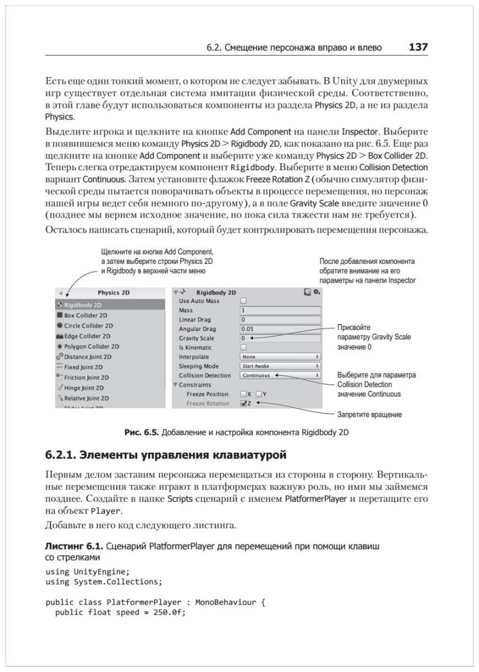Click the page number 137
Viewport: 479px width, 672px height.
click(x=418, y=47)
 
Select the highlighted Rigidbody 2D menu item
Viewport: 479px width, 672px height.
click(x=83, y=305)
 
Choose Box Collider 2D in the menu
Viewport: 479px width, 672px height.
click(x=85, y=316)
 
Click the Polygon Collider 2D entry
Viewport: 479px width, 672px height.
click(x=92, y=346)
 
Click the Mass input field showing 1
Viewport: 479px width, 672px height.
click(x=281, y=311)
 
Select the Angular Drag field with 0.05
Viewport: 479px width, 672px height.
click(x=281, y=329)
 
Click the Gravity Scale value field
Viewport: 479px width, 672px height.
click(x=281, y=338)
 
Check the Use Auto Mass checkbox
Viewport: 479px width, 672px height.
click(x=244, y=301)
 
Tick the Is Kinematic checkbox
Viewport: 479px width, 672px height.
click(x=244, y=348)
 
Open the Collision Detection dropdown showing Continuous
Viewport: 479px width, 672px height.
click(x=281, y=375)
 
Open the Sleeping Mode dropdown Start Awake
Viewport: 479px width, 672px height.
click(x=281, y=366)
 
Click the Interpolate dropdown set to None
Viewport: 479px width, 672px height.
click(x=281, y=357)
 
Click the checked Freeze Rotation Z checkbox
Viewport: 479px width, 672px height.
click(x=244, y=403)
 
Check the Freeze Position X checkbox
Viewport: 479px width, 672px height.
click(x=244, y=394)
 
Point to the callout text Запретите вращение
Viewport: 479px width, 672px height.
click(x=369, y=414)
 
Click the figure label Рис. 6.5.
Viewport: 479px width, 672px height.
click(x=140, y=433)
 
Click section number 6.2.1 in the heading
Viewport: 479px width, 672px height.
click(x=60, y=456)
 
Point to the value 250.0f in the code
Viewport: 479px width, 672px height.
click(x=165, y=613)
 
